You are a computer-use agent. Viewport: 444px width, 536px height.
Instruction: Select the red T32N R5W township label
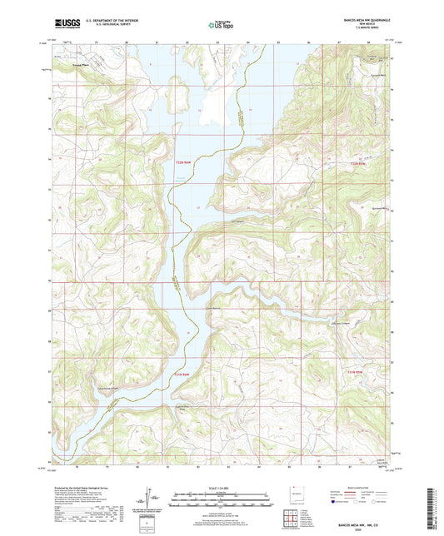tap(357, 163)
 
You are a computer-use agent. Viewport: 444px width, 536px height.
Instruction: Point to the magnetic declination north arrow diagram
tap(150, 499)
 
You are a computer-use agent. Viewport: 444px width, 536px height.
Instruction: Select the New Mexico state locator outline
tap(297, 494)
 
